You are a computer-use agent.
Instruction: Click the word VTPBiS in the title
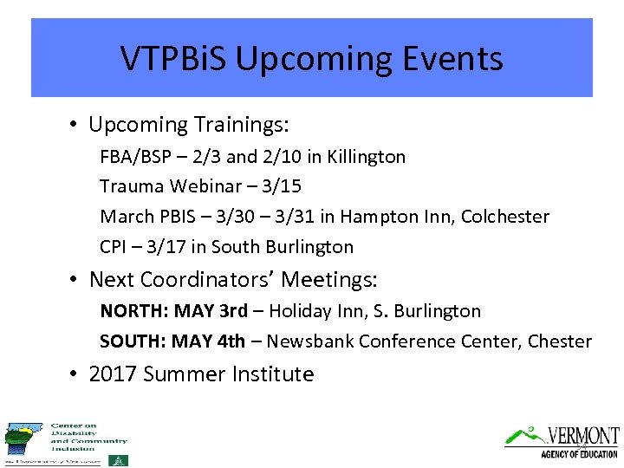point(173,59)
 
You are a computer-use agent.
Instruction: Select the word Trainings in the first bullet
point(237,125)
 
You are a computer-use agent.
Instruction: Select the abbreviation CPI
point(114,247)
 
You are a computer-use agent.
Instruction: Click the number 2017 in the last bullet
point(113,374)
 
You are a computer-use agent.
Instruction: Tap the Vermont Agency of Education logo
point(562,441)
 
